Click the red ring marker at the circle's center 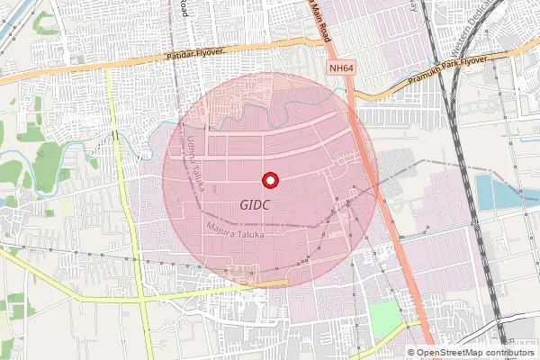click(269, 181)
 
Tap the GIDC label click(256, 205)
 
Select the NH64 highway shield click(338, 68)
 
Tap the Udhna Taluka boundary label click(197, 162)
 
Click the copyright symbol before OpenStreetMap click(411, 352)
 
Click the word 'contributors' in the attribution click(511, 352)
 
